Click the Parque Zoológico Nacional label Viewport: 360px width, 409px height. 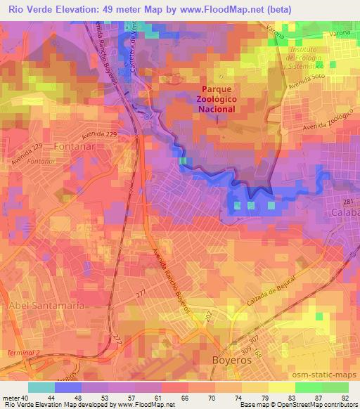coord(226,100)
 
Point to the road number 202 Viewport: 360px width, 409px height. coord(209,319)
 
